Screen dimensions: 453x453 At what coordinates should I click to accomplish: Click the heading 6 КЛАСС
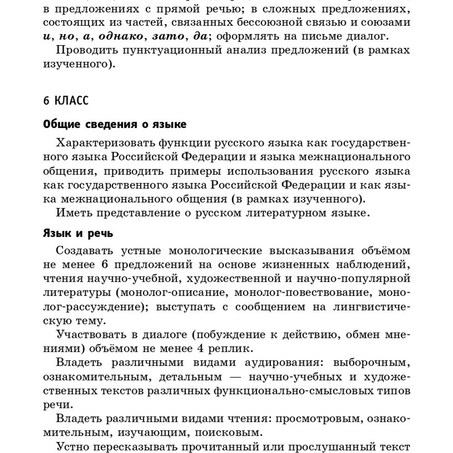click(66, 101)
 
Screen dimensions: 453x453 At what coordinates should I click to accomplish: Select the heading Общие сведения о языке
click(115, 125)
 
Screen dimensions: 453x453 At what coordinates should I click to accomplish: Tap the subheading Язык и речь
click(78, 234)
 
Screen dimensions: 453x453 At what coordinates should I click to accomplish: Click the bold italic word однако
click(121, 36)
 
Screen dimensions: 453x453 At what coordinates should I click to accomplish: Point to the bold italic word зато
click(168, 36)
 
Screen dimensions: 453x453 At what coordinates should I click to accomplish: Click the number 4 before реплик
click(200, 349)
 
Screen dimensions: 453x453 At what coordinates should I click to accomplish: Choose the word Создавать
click(85, 251)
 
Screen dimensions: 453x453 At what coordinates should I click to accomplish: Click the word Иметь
click(74, 213)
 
